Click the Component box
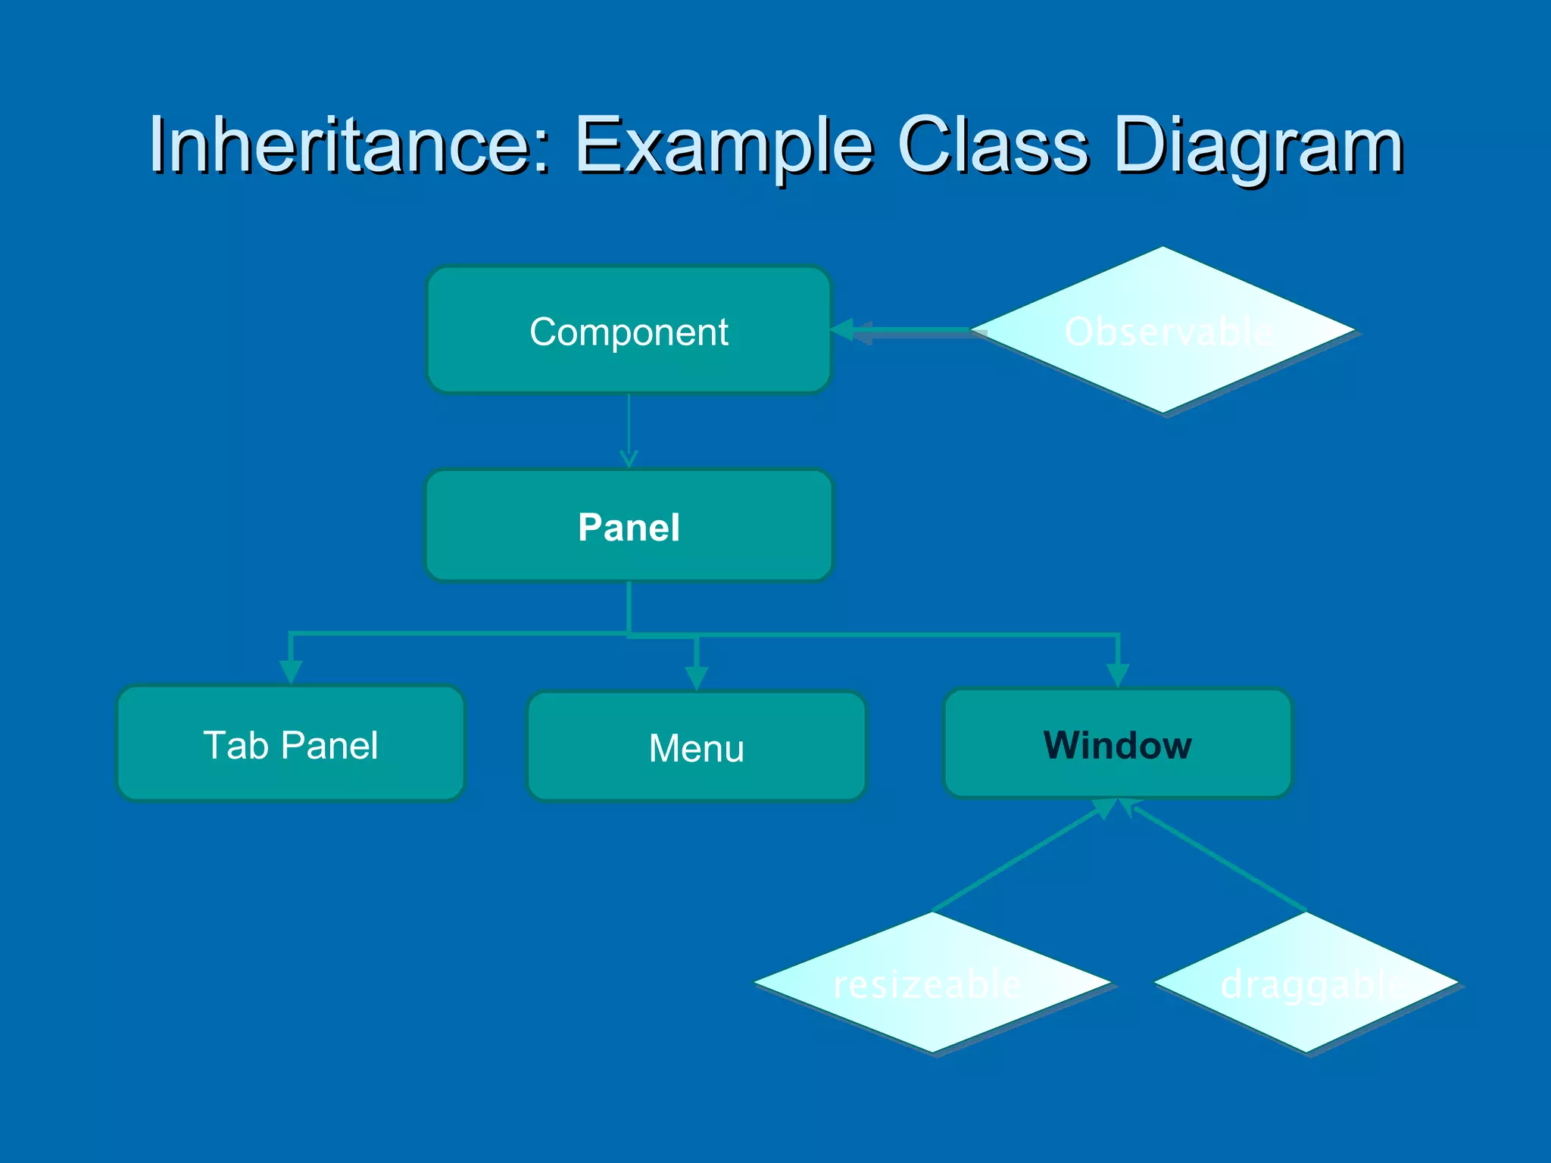pos(629,331)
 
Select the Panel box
pos(629,526)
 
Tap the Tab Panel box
pos(291,744)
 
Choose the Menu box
pos(696,747)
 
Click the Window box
pos(1117,744)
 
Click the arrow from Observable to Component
pos(909,330)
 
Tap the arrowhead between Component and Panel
pos(629,458)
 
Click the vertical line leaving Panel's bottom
pos(629,606)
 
